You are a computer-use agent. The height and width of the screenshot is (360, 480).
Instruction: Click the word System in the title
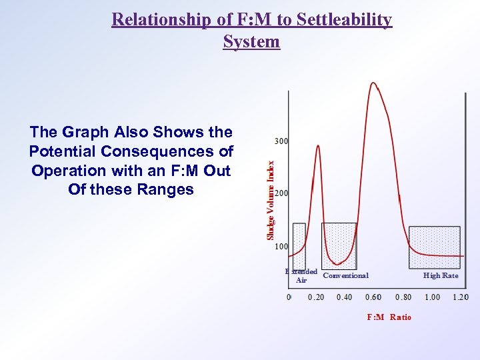point(251,41)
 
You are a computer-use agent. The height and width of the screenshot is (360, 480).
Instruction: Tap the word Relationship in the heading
point(155,19)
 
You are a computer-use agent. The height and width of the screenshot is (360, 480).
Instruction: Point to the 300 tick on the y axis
point(281,141)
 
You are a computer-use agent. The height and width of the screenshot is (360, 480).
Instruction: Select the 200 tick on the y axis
point(281,193)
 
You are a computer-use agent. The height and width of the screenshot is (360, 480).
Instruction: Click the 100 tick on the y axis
point(281,246)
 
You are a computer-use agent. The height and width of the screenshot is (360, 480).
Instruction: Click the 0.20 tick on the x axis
point(316,297)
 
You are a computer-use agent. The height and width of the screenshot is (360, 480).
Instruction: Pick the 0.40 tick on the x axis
point(345,297)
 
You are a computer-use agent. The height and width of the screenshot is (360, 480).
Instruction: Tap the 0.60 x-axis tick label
point(373,297)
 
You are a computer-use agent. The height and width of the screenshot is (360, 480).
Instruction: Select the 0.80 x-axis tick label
point(403,297)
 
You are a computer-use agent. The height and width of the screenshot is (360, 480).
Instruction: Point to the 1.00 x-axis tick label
point(431,297)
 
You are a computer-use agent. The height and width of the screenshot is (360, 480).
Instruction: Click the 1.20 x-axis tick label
point(460,297)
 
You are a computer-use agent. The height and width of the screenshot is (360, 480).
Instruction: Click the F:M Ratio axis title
point(389,317)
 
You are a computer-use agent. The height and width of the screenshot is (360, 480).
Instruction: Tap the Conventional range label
point(345,275)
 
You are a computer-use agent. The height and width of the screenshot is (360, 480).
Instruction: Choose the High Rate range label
point(441,275)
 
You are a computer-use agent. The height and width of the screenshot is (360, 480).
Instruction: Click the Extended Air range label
point(301,276)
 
